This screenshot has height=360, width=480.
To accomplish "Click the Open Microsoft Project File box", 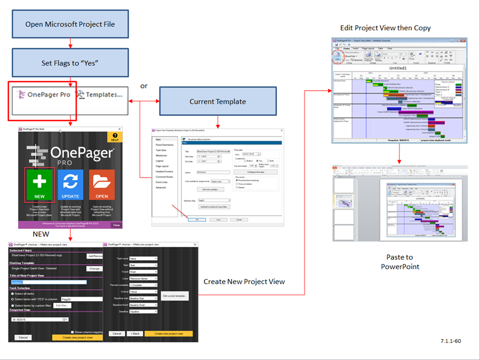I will [70, 24].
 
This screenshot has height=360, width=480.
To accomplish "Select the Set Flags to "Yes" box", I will [70, 63].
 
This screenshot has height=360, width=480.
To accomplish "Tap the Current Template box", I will [217, 101].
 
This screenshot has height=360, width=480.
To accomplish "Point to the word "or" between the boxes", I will [143, 86].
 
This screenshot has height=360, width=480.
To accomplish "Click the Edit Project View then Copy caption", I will [385, 28].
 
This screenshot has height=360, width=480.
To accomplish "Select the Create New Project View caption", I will [244, 282].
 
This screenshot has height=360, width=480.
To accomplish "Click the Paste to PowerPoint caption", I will [399, 262].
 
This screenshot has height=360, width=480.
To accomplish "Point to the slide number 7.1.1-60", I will [451, 340].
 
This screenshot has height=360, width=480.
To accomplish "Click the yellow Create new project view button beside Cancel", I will [77, 338].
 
